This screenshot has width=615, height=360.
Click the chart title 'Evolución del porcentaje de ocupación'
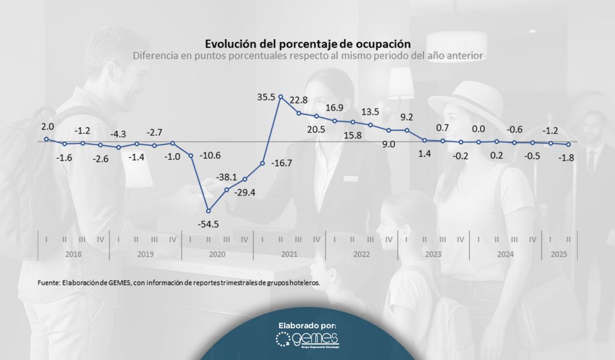coord(307,44)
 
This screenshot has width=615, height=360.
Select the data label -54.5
coord(208,224)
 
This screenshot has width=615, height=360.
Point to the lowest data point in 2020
coord(208,210)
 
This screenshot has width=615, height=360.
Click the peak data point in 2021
coord(280,96)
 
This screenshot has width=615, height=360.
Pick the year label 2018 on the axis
coord(73,254)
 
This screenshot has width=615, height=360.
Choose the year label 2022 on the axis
coord(362,254)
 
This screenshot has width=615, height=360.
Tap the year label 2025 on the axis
coord(560,254)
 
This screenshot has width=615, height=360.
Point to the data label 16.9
coord(335,108)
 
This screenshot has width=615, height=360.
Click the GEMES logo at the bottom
coord(307,340)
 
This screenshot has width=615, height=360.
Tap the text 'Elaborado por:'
coord(307,325)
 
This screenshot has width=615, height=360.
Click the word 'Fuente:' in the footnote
coord(47,282)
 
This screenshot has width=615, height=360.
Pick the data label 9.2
coord(407,117)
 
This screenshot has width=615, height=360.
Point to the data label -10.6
coord(210,156)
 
